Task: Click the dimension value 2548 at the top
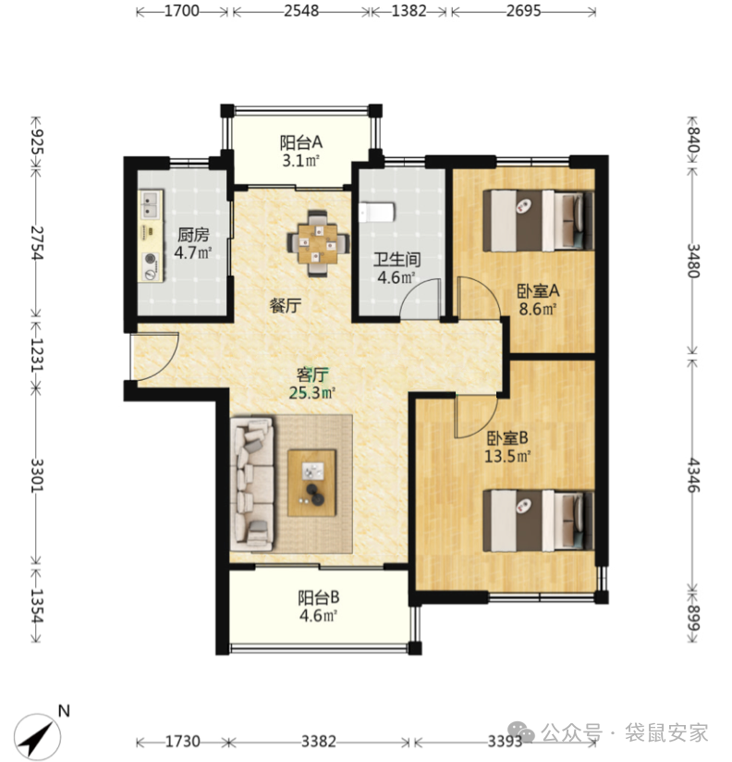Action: pyautogui.click(x=301, y=11)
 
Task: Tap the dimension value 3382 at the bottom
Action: pyautogui.click(x=318, y=741)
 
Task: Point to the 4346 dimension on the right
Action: pyautogui.click(x=693, y=475)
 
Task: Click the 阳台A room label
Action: pyautogui.click(x=301, y=142)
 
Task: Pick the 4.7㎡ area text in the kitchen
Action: pyautogui.click(x=193, y=252)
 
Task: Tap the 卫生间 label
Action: pyautogui.click(x=396, y=260)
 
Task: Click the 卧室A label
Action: pyautogui.click(x=538, y=291)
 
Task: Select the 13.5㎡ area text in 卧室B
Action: pyautogui.click(x=507, y=456)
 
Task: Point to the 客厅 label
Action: pyautogui.click(x=312, y=375)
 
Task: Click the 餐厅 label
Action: pyautogui.click(x=286, y=306)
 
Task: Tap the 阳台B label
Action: pyautogui.click(x=319, y=597)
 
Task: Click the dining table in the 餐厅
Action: pyautogui.click(x=318, y=243)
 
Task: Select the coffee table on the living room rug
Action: pyautogui.click(x=311, y=483)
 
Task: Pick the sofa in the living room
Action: pyautogui.click(x=251, y=484)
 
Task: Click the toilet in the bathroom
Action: pyautogui.click(x=377, y=213)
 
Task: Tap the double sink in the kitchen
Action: pyautogui.click(x=151, y=204)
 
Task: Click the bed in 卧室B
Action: pyautogui.click(x=538, y=521)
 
